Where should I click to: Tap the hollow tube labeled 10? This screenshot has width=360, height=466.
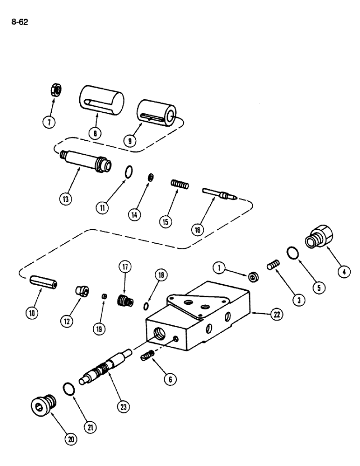pyautogui.click(x=43, y=283)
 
